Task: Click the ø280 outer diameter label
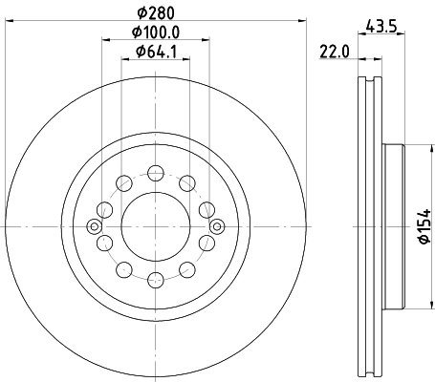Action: tap(156, 12)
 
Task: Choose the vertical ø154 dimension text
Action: tap(424, 226)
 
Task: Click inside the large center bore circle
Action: tap(155, 226)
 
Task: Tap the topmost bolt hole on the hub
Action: tap(155, 173)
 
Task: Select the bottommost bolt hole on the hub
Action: tap(155, 280)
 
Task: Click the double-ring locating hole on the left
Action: tap(93, 226)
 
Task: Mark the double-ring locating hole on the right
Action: tap(217, 226)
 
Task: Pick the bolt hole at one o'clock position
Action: tap(186, 182)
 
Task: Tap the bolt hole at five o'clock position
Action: tap(186, 270)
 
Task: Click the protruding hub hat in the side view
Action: tap(394, 226)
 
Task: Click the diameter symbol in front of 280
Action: tap(141, 12)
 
